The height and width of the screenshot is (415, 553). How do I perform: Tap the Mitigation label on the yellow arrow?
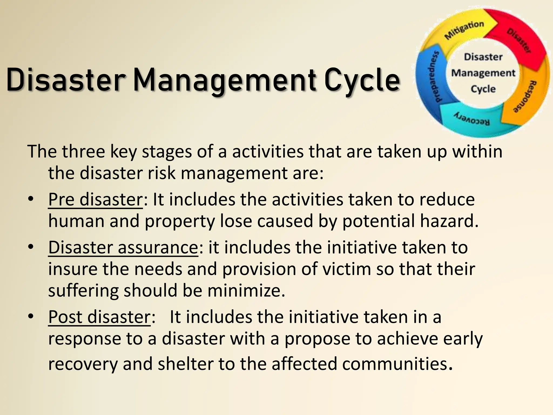(x=464, y=30)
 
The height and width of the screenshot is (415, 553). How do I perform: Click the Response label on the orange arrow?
(x=525, y=96)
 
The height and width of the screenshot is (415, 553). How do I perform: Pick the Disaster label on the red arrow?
(x=519, y=40)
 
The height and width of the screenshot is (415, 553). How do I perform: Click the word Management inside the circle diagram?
(x=483, y=73)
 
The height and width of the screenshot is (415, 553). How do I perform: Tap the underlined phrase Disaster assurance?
(x=123, y=247)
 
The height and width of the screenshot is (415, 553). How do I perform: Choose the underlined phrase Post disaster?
(x=99, y=317)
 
